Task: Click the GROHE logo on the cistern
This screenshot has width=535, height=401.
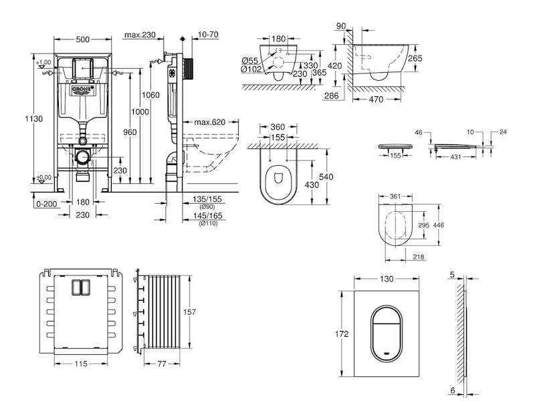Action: pyautogui.click(x=82, y=90)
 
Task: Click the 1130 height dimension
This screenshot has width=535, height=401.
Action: pyautogui.click(x=34, y=119)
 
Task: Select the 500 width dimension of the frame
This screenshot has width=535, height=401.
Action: pyautogui.click(x=82, y=39)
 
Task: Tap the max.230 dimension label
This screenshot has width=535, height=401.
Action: pyautogui.click(x=140, y=35)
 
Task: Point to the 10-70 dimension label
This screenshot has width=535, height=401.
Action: pyautogui.click(x=208, y=35)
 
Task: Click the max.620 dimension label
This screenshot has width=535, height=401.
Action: pyautogui.click(x=210, y=122)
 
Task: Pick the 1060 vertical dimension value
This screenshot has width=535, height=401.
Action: pyautogui.click(x=150, y=95)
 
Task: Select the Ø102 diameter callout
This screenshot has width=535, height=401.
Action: pyautogui.click(x=251, y=70)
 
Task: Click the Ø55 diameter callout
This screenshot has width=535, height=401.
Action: pyautogui.click(x=250, y=61)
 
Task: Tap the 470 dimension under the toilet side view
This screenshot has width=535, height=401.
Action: pyautogui.click(x=376, y=100)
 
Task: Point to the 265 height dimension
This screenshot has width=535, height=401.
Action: pyautogui.click(x=415, y=58)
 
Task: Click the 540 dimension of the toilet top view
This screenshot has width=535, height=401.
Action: pyautogui.click(x=326, y=176)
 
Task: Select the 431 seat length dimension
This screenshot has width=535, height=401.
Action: pyautogui.click(x=456, y=156)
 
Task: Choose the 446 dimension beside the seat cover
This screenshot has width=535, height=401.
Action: pyautogui.click(x=439, y=225)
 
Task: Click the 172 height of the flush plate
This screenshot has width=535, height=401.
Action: pyautogui.click(x=342, y=333)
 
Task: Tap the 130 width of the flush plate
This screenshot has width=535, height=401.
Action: pyautogui.click(x=387, y=279)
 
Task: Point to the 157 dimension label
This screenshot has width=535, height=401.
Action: pyautogui.click(x=189, y=311)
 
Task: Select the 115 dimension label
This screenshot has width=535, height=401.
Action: pyautogui.click(x=81, y=364)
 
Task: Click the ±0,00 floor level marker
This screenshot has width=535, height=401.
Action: pyautogui.click(x=43, y=178)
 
